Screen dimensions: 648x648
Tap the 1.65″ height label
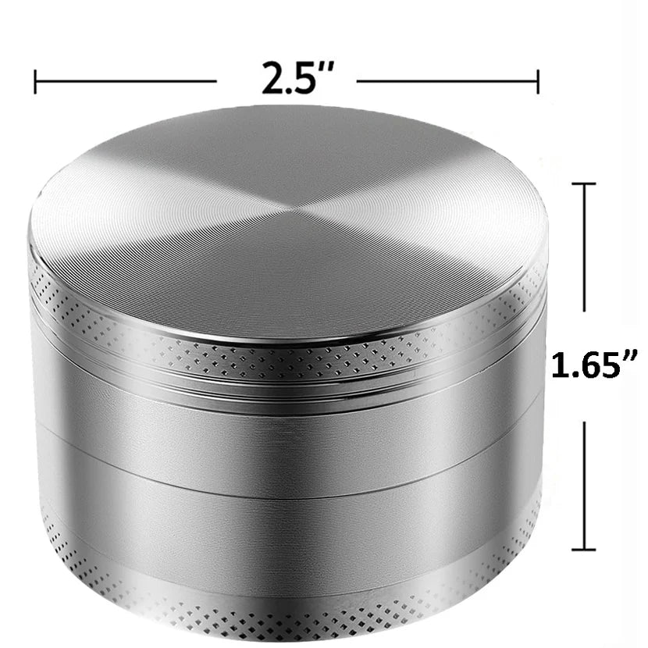coord(595,366)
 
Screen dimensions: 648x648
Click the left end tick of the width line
coord(35,81)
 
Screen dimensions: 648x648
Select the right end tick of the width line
coord(538,81)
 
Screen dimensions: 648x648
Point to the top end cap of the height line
coord(584,184)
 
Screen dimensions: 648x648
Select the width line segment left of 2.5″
coord(125,81)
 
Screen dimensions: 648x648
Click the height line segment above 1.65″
coord(584,250)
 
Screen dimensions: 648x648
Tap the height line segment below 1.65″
coord(584,484)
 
